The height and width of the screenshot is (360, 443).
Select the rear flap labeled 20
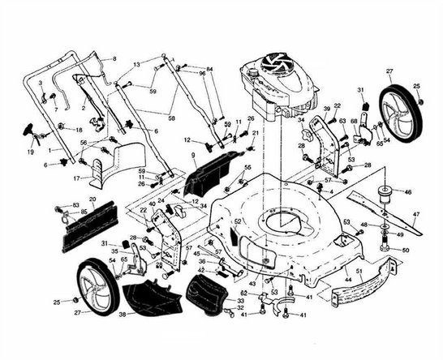point(91,223)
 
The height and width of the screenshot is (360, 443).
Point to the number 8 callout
point(114,58)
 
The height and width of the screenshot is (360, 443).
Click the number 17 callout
point(76,178)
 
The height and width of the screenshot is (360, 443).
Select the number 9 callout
point(193,154)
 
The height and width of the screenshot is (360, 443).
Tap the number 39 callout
point(327,108)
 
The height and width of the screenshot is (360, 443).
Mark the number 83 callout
point(75,205)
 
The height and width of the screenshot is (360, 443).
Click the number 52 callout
point(238,221)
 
